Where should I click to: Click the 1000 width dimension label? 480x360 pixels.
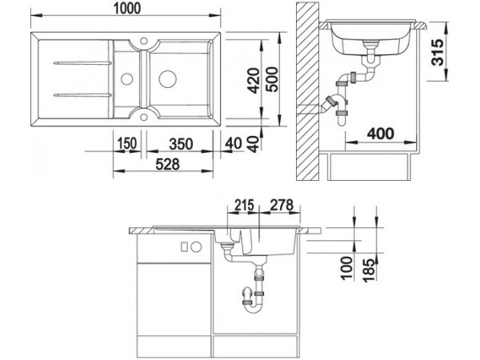coord(126,9)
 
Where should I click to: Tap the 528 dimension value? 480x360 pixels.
coord(167,164)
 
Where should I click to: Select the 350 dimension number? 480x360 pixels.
coord(182,144)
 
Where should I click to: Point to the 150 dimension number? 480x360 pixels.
coord(126,143)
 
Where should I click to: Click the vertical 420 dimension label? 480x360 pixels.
coord(254,81)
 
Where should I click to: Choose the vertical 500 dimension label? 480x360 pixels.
coord(272,79)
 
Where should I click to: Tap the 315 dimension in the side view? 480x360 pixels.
coord(437,52)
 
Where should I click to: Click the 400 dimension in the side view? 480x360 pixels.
coord(381,134)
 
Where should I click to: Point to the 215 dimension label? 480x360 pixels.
coord(244,205)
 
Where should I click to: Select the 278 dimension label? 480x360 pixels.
coord(282,205)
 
